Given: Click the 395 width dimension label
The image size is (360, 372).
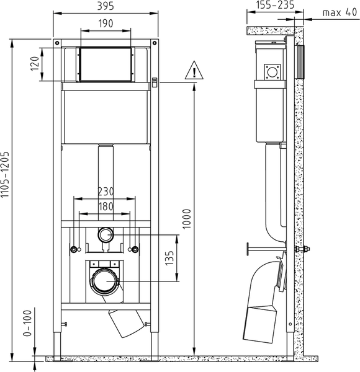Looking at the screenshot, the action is (106, 6).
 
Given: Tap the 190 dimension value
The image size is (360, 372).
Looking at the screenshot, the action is (106, 24).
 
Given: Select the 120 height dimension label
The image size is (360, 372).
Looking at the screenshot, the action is (35, 64).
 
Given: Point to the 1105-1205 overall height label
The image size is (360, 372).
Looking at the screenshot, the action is (5, 174).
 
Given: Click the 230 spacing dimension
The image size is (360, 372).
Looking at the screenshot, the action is (106, 192).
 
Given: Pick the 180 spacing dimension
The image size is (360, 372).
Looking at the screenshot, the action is (106, 206).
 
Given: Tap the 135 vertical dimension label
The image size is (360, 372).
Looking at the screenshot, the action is (169, 258).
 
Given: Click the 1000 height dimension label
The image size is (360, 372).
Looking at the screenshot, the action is (187, 219).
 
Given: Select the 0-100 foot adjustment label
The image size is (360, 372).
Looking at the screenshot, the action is (27, 323).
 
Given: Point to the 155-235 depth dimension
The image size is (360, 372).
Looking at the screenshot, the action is (276, 5).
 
